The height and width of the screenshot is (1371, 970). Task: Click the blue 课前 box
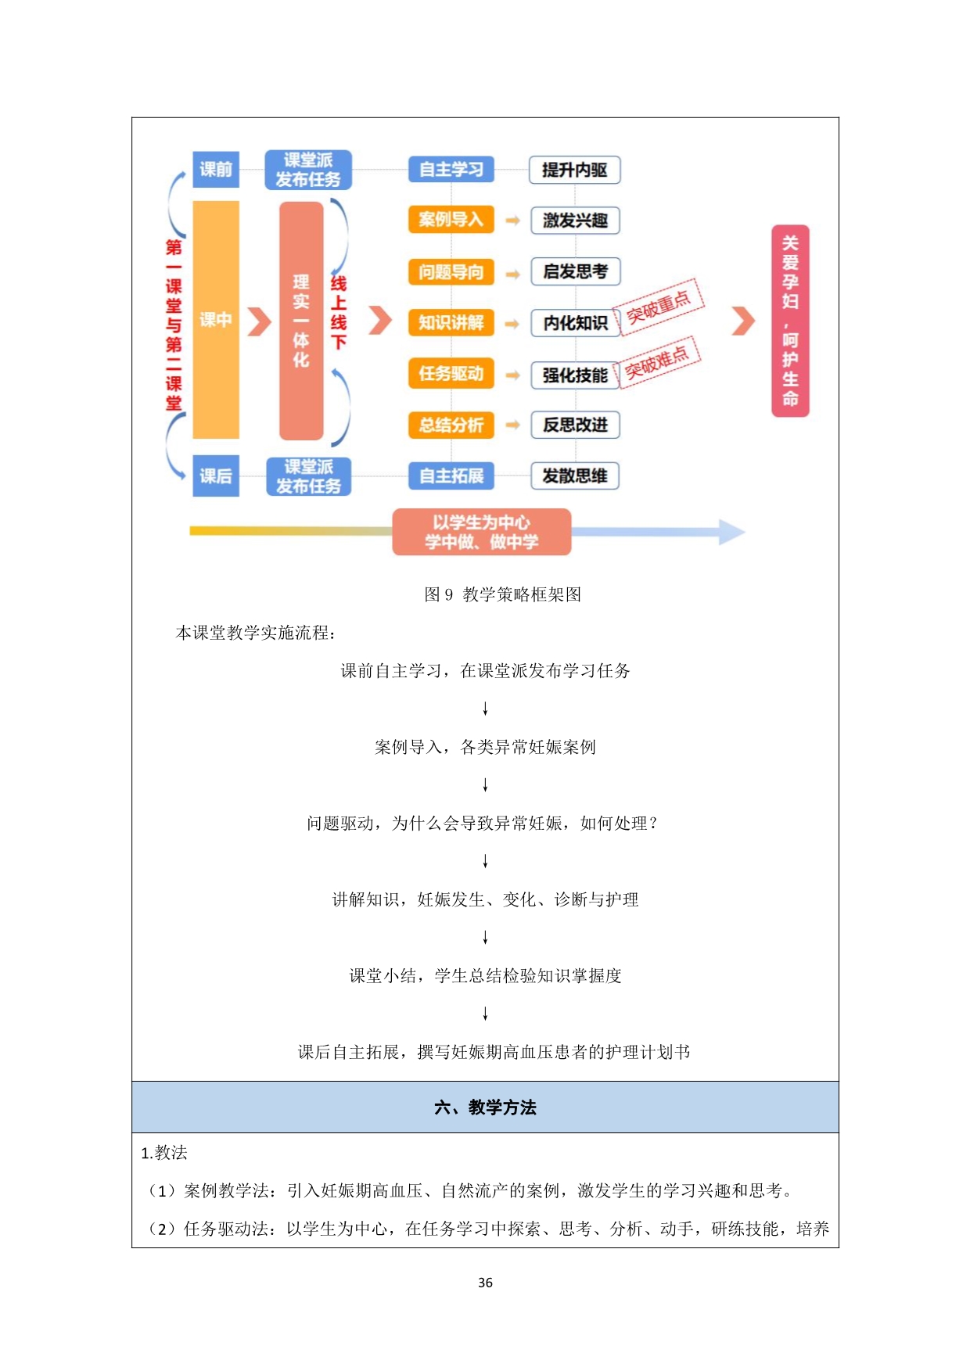[x=216, y=170]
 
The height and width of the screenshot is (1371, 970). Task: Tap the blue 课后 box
[x=216, y=476]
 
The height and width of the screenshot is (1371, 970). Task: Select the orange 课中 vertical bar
[x=216, y=319]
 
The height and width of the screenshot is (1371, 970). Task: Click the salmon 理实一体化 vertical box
[x=301, y=321]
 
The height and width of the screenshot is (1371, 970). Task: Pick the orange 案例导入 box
[x=451, y=220]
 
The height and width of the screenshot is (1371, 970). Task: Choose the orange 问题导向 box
[x=451, y=271]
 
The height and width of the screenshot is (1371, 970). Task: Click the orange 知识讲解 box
[x=451, y=322]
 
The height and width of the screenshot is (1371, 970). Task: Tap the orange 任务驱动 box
[x=451, y=374]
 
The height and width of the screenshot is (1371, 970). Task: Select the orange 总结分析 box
[x=451, y=425]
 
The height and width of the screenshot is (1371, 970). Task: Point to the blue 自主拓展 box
[x=451, y=476]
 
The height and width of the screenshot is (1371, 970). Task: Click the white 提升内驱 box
[x=575, y=170]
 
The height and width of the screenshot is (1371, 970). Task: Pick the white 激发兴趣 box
[x=575, y=221]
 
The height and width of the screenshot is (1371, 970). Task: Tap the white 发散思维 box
[x=575, y=476]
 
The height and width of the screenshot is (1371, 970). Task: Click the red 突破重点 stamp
[x=659, y=306]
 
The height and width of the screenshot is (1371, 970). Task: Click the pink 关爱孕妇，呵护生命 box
[x=790, y=321]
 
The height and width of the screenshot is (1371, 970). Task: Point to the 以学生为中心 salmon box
[x=482, y=532]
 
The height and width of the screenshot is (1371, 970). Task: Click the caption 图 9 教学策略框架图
[x=503, y=594]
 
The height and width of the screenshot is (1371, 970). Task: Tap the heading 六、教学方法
[x=485, y=1107]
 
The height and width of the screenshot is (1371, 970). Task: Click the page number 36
[x=485, y=1283]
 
